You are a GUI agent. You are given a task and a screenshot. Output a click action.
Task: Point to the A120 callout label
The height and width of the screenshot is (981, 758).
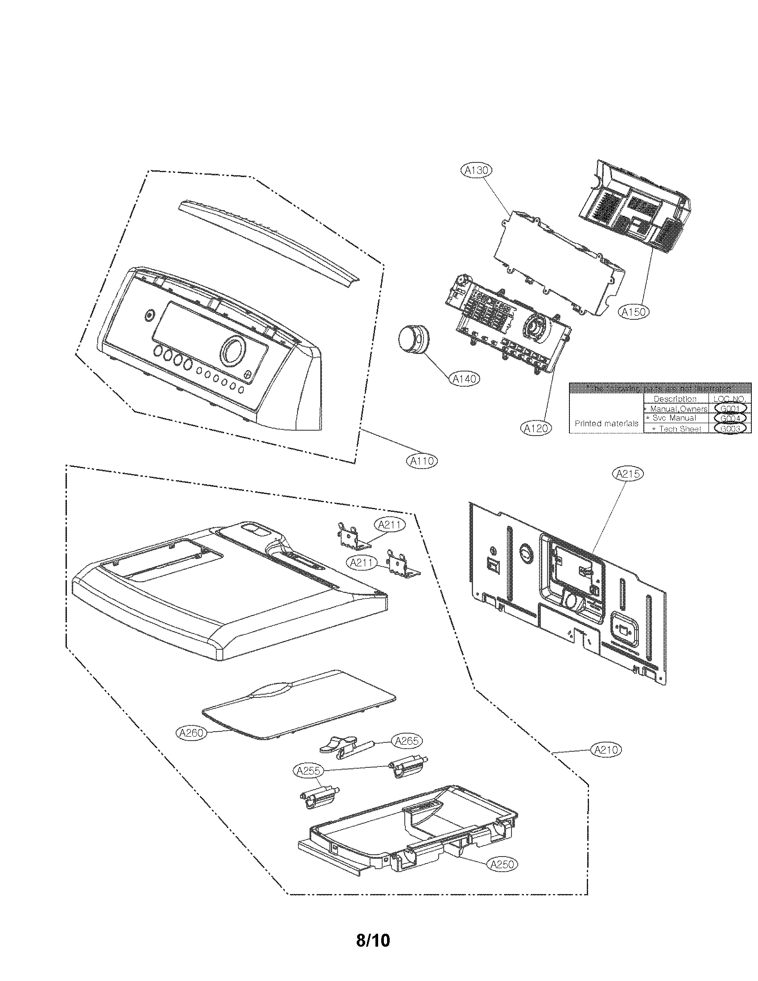pyautogui.click(x=536, y=429)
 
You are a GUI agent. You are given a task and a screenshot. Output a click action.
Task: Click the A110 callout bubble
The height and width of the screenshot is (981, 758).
pyautogui.click(x=422, y=461)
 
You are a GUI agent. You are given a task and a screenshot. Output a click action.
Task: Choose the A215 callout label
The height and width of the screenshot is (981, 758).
pyautogui.click(x=628, y=474)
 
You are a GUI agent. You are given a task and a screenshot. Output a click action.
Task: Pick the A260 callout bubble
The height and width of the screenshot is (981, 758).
pyautogui.click(x=191, y=733)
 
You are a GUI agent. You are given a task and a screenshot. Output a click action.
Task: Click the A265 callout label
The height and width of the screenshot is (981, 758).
pyautogui.click(x=407, y=741)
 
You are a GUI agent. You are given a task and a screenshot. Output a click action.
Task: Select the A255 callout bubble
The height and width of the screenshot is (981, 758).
pyautogui.click(x=308, y=771)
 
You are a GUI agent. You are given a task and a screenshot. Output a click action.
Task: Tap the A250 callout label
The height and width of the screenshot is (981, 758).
pyautogui.click(x=502, y=865)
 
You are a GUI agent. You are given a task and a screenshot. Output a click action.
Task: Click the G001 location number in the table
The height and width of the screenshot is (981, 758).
pyautogui.click(x=730, y=408)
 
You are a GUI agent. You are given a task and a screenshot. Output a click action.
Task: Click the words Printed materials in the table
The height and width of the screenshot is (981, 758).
pyautogui.click(x=606, y=424)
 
